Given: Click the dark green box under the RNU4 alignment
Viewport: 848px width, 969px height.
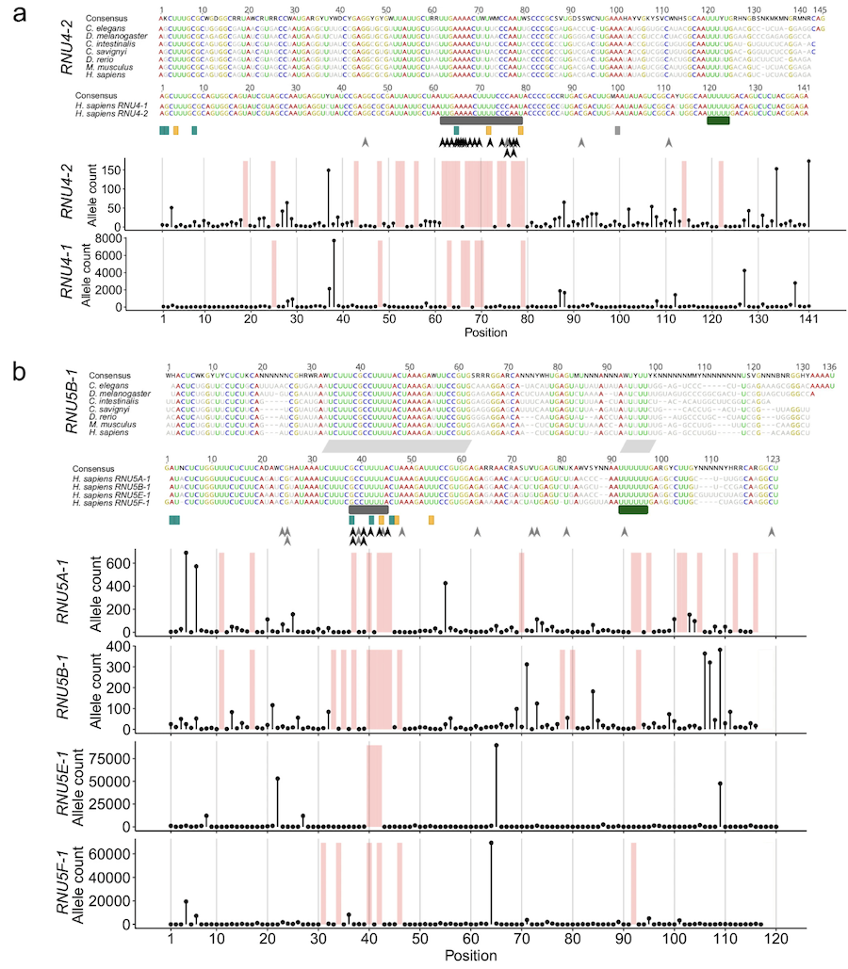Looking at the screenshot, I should click(718, 120).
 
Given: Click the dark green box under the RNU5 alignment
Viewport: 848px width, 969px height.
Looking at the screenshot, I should click(633, 509).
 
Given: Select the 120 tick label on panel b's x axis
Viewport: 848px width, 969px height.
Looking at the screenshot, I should click(775, 941).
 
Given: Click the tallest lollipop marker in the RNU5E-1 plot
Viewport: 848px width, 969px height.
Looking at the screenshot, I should click(497, 746).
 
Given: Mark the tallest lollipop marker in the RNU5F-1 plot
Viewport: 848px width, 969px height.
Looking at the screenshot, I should click(492, 843).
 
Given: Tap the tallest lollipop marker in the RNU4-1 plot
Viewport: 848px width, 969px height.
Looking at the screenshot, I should click(334, 241).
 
